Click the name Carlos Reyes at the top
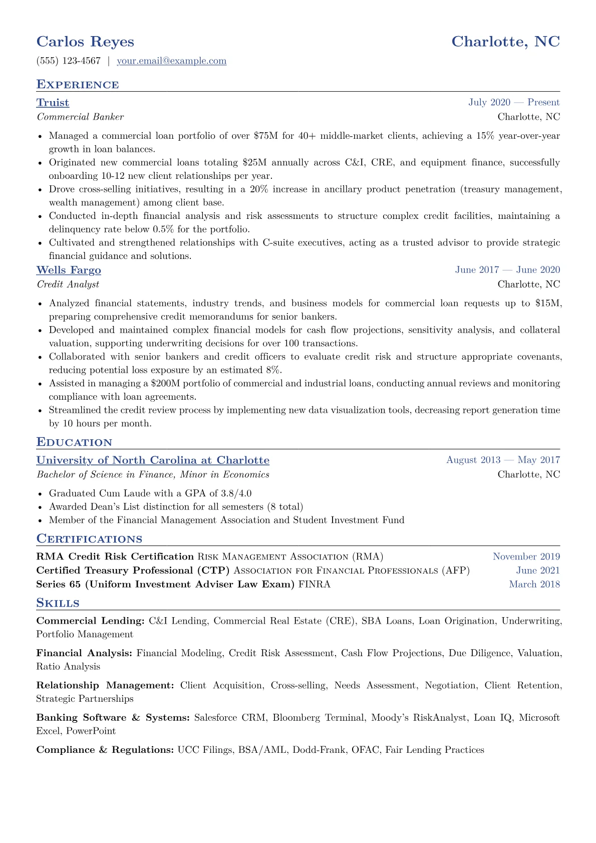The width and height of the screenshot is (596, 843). [x=85, y=42]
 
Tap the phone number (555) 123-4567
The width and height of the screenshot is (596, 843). [x=69, y=61]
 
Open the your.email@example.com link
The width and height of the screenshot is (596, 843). [x=171, y=61]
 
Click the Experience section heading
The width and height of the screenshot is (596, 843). [x=78, y=85]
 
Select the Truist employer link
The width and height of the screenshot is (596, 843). [x=53, y=103]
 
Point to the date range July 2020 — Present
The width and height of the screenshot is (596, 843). [x=514, y=103]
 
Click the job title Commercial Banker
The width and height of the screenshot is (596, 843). [x=80, y=117]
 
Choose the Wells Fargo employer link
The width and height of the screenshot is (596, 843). [x=69, y=270]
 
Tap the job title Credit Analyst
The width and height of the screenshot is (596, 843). [x=68, y=284]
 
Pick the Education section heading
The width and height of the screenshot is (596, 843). [x=74, y=442]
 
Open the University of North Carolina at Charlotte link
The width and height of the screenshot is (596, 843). [x=153, y=460]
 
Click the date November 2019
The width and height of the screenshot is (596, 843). [x=526, y=556]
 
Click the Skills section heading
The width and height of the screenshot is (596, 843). [x=58, y=603]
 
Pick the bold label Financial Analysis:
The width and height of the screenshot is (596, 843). [x=84, y=653]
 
